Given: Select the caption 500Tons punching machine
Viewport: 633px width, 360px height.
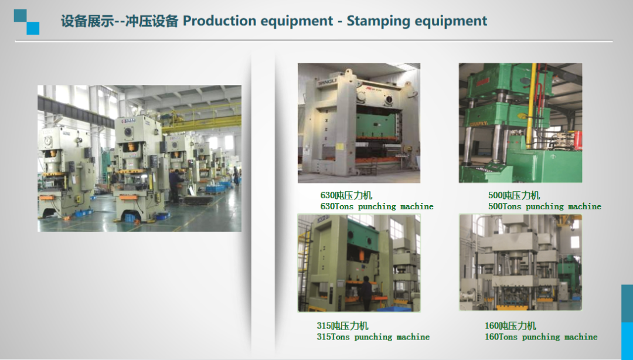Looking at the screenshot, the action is click(x=544, y=206).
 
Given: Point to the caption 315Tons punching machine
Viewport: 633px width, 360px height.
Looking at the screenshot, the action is click(x=373, y=337).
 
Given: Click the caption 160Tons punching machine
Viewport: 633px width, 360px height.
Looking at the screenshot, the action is click(x=541, y=337).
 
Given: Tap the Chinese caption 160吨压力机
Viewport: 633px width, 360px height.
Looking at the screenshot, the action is click(x=511, y=326).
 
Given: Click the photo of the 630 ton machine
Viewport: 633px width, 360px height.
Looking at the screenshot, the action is click(x=359, y=123).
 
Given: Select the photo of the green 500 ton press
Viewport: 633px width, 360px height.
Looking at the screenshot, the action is click(x=520, y=123).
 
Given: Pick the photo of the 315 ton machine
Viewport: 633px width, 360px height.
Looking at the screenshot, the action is click(x=359, y=263).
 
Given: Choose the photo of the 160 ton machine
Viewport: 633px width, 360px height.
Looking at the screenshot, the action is click(x=520, y=262).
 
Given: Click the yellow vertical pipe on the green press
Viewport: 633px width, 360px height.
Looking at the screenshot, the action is click(x=531, y=105).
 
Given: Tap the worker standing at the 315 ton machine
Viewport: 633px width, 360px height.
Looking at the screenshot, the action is click(x=366, y=293).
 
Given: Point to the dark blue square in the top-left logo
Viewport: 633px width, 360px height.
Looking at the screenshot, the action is click(x=20, y=16).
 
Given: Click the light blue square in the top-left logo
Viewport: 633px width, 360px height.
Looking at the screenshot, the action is click(x=33, y=28).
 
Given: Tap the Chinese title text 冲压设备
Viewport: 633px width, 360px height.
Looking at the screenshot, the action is click(x=151, y=21).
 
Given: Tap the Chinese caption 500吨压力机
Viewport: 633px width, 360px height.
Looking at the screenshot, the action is click(x=514, y=196).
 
